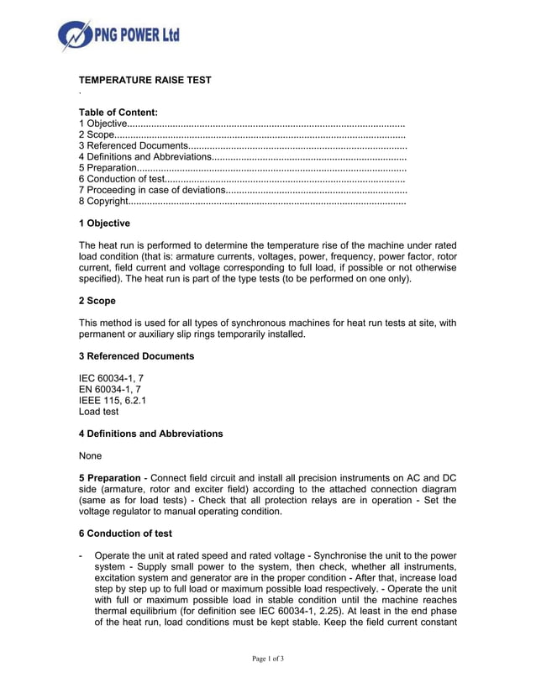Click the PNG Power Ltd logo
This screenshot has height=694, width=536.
[118, 35]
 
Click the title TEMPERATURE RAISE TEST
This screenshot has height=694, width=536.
[145, 81]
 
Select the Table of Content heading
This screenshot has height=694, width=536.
[118, 112]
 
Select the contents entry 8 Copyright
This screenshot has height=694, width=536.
[103, 202]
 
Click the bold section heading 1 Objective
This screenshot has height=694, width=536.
[104, 223]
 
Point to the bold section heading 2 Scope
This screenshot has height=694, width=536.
[97, 301]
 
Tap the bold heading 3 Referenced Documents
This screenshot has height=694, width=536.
[136, 356]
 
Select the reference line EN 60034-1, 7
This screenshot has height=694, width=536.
[109, 390]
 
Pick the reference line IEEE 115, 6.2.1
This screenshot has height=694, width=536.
[112, 401]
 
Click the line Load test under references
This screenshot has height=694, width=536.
[98, 412]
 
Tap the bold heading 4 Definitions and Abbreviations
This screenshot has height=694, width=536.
[150, 434]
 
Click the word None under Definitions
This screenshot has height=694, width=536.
[90, 456]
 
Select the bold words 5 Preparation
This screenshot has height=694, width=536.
[109, 478]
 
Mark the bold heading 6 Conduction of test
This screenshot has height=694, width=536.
[125, 534]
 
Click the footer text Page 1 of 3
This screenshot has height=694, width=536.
[268, 659]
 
